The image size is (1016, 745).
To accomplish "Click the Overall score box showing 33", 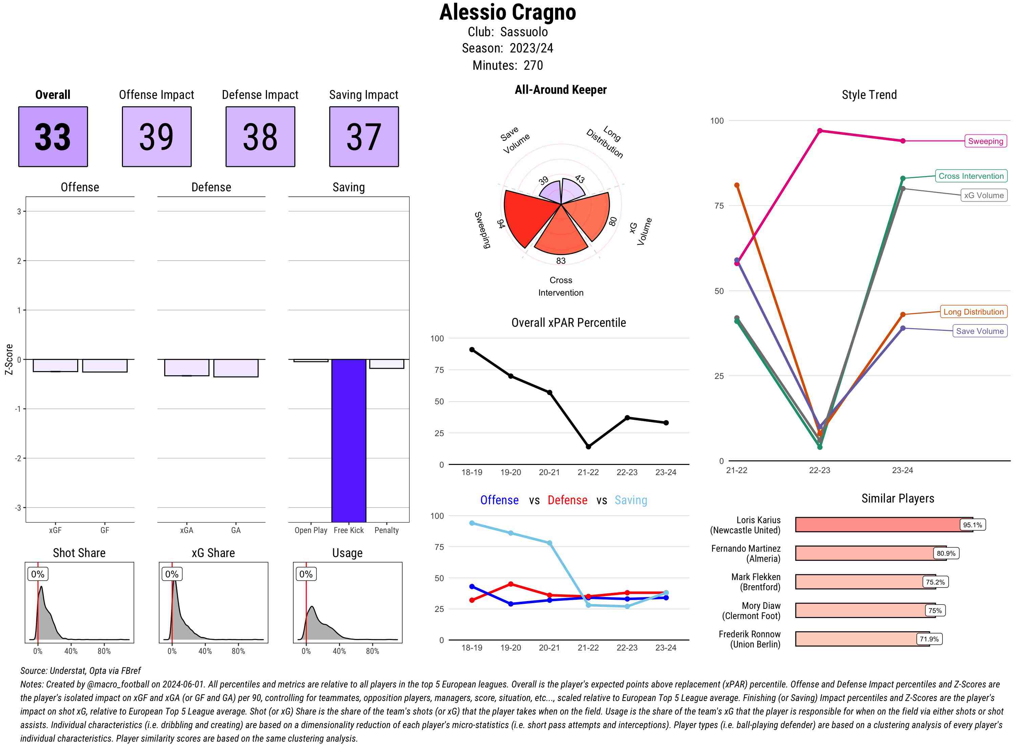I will (x=53, y=137).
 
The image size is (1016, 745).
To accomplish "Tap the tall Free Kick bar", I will (x=348, y=440).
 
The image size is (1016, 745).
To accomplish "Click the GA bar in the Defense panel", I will (x=236, y=368).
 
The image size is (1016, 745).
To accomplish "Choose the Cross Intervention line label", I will (x=971, y=176).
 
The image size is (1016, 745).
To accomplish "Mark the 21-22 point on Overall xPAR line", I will (x=588, y=446).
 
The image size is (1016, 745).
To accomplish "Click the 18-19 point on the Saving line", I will (x=472, y=523).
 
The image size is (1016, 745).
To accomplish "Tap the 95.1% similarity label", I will (x=972, y=525).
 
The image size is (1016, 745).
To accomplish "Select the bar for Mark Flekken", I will (x=859, y=582).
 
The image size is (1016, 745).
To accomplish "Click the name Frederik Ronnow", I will (x=749, y=634).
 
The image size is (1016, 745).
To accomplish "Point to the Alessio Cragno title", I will (x=507, y=12).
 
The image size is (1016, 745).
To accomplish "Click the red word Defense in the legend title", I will (x=567, y=500).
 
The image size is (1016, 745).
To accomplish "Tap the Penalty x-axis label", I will (x=386, y=530).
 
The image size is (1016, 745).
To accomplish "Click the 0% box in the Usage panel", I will (x=306, y=574).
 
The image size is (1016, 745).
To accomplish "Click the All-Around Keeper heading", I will (x=560, y=90).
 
